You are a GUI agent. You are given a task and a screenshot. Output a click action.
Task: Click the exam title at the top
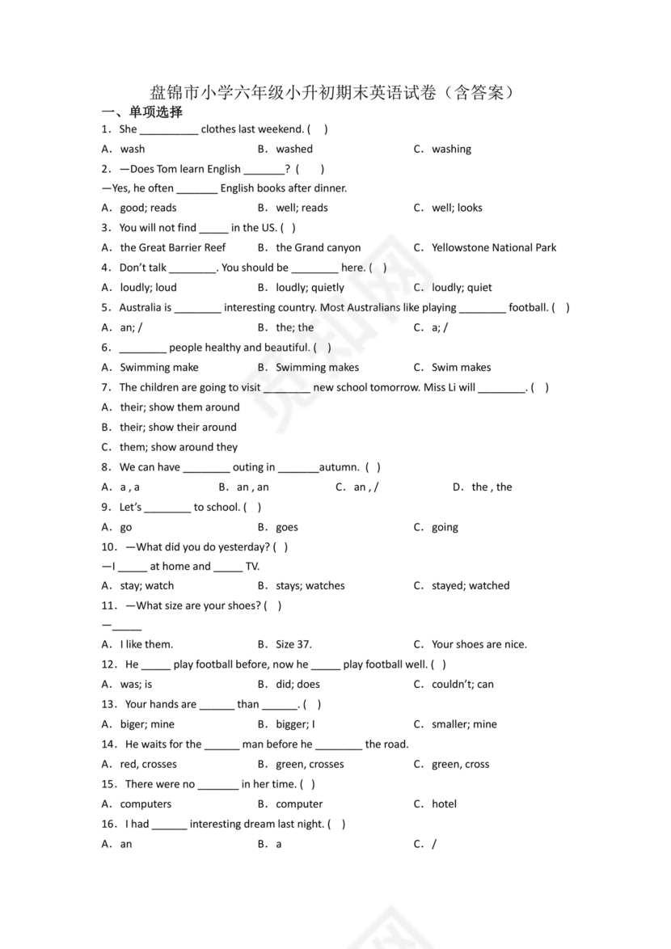coord(332,92)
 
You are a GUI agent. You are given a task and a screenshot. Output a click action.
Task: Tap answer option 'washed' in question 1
coord(294,149)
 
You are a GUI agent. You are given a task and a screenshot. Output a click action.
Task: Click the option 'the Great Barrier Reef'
coord(173,247)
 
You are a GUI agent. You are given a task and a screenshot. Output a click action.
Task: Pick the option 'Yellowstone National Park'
coord(494,247)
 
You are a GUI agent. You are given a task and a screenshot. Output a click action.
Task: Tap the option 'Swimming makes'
coord(317,367)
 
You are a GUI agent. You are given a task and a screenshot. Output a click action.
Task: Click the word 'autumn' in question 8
coord(339,467)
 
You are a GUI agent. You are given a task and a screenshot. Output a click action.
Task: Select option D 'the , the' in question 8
coord(492,487)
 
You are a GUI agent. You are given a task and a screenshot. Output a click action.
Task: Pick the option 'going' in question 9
coord(445,527)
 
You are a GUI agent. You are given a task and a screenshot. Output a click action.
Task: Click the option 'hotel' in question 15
coord(444,803)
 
